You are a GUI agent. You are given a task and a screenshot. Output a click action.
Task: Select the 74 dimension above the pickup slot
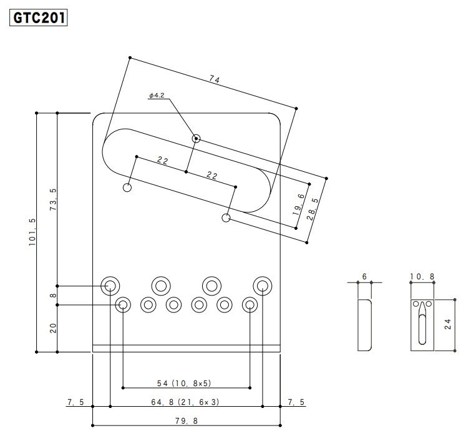pos(215,79)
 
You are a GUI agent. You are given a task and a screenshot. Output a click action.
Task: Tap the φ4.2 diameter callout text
pos(156,95)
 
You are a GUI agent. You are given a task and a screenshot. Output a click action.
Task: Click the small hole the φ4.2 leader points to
pos(197,138)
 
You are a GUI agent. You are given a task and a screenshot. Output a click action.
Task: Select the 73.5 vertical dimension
pos(52,199)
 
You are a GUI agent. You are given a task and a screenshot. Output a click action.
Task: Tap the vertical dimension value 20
pos(52,328)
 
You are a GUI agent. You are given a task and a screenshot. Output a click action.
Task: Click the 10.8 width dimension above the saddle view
pos(422,276)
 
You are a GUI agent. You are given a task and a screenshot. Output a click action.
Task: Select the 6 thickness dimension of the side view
pos(364,276)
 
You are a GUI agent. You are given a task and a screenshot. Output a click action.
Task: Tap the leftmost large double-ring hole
pos(110,286)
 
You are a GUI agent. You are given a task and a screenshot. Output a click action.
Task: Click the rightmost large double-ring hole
pos(263,286)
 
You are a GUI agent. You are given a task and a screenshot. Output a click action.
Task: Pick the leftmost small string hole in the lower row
pos(123,305)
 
